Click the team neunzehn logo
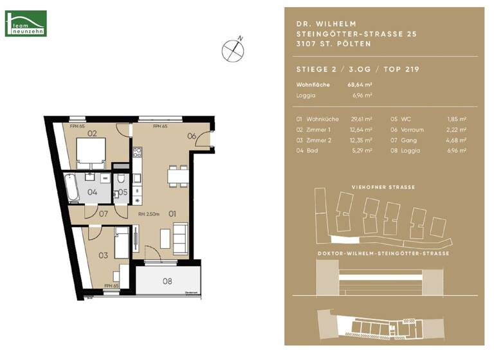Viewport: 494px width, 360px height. tap(26, 23)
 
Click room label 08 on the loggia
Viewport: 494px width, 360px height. tap(167, 280)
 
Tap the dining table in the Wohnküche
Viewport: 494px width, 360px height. tap(174, 175)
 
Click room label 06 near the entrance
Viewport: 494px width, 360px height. tap(191, 136)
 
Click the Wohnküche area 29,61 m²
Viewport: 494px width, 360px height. tap(362, 120)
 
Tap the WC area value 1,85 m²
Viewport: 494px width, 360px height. tap(457, 120)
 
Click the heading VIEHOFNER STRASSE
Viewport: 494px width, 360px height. tap(384, 187)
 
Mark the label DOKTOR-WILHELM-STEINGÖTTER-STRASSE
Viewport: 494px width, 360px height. tap(384, 254)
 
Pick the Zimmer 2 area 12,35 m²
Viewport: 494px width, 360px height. tap(362, 140)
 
